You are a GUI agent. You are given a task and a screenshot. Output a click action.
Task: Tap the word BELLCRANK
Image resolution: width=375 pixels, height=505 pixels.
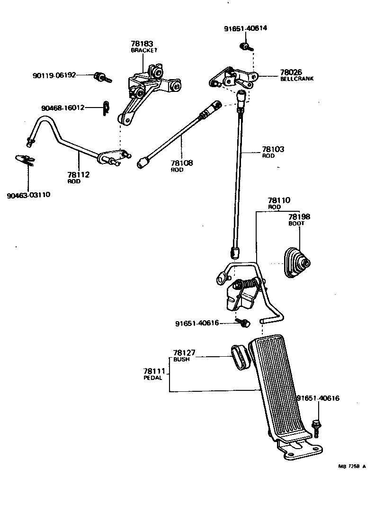pos(297,79)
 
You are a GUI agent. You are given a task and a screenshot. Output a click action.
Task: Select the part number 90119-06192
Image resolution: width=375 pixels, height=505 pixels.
pos(54,75)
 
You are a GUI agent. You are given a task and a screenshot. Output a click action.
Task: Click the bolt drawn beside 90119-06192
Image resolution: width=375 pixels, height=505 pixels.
pos(101,76)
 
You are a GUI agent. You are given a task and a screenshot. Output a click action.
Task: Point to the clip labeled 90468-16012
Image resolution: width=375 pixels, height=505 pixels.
pos(106,108)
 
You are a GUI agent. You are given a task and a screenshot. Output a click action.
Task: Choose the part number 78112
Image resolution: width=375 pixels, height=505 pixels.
pos(78,175)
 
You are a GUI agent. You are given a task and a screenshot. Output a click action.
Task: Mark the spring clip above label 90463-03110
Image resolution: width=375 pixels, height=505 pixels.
pos(24,160)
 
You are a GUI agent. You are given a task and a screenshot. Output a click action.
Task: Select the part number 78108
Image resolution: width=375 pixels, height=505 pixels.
pos(182,163)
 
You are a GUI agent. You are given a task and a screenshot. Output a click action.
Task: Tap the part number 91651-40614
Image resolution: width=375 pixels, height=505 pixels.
pos(245,28)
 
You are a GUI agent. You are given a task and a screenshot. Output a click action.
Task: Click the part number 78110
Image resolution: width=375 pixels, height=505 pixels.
pos(279,200)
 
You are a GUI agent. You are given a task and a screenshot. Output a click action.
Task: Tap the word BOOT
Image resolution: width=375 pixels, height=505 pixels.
pos(297,223)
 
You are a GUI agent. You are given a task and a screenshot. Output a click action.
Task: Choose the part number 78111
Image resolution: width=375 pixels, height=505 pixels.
pos(154,371)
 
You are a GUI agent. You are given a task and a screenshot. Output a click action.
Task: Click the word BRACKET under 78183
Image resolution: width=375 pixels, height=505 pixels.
pos(144,50)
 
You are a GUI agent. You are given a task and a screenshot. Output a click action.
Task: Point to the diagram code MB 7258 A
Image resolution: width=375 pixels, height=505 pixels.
pos(352,467)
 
